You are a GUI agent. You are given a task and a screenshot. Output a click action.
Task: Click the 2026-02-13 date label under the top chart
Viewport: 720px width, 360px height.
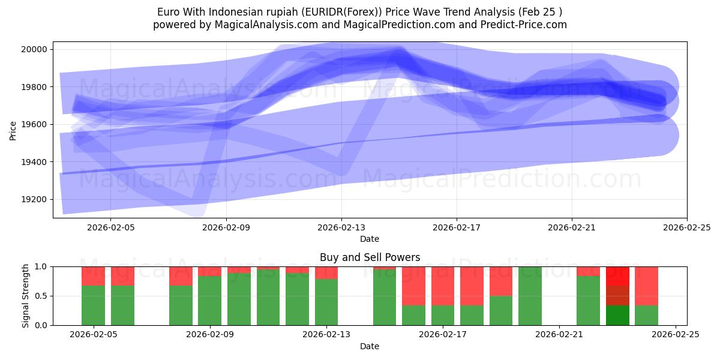coord(341,227)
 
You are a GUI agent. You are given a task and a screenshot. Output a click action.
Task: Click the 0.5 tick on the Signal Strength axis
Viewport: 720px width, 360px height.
coord(42,296)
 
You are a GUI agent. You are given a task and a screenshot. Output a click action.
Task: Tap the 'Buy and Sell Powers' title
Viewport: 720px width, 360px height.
coord(370,257)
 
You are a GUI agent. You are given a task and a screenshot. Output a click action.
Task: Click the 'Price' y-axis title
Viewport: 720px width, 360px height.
coord(13,130)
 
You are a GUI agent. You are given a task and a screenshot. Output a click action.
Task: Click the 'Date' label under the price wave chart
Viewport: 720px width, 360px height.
coord(370,239)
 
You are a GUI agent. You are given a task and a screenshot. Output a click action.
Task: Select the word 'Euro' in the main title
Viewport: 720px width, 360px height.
coord(168,12)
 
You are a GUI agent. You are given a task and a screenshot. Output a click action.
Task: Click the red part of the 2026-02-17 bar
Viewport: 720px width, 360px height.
coord(443,286)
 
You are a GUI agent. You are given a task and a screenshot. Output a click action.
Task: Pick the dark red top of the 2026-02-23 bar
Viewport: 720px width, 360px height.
coord(617,275)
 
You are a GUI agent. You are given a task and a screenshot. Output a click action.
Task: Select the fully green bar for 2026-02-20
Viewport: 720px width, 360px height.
coord(530,296)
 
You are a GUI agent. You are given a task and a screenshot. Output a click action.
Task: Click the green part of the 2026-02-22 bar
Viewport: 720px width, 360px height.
coord(588,301)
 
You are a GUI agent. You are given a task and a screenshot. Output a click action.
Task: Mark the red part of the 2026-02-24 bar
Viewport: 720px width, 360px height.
coord(646,286)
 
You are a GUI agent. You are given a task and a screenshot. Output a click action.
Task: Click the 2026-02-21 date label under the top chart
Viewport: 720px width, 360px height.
coord(572,227)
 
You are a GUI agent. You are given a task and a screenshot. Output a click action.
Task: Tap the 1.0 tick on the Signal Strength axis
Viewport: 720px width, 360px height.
coord(42,266)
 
